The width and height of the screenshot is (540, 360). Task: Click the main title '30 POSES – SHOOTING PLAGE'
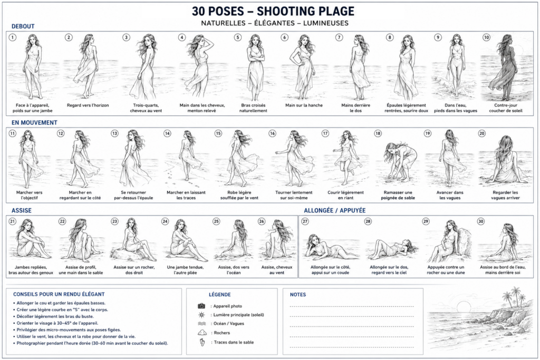pos(273,11)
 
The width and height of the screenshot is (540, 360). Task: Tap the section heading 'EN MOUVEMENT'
pos(34,122)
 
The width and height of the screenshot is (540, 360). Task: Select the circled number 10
pos(486,37)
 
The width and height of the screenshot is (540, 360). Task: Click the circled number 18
pos(378,133)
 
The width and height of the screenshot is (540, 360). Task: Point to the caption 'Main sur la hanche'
pos(304,105)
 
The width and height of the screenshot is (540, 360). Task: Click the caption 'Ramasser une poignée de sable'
pos(398,195)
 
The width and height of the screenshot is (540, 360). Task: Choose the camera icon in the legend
pos(201,306)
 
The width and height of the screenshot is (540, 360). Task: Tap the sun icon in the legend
pos(201,315)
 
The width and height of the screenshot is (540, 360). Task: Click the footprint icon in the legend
pos(202,343)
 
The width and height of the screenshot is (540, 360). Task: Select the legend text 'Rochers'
pos(222,333)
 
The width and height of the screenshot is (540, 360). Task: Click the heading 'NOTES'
pos(298,295)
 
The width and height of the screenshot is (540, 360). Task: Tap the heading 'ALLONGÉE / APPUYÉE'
pos(334,210)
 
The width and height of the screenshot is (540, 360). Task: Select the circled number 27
pos(305,221)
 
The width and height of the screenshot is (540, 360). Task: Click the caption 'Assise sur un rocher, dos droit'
pos(134,270)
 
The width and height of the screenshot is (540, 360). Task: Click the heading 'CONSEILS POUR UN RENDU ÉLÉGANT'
pos(59,294)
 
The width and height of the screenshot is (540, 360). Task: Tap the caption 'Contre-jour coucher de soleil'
pos(506,108)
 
